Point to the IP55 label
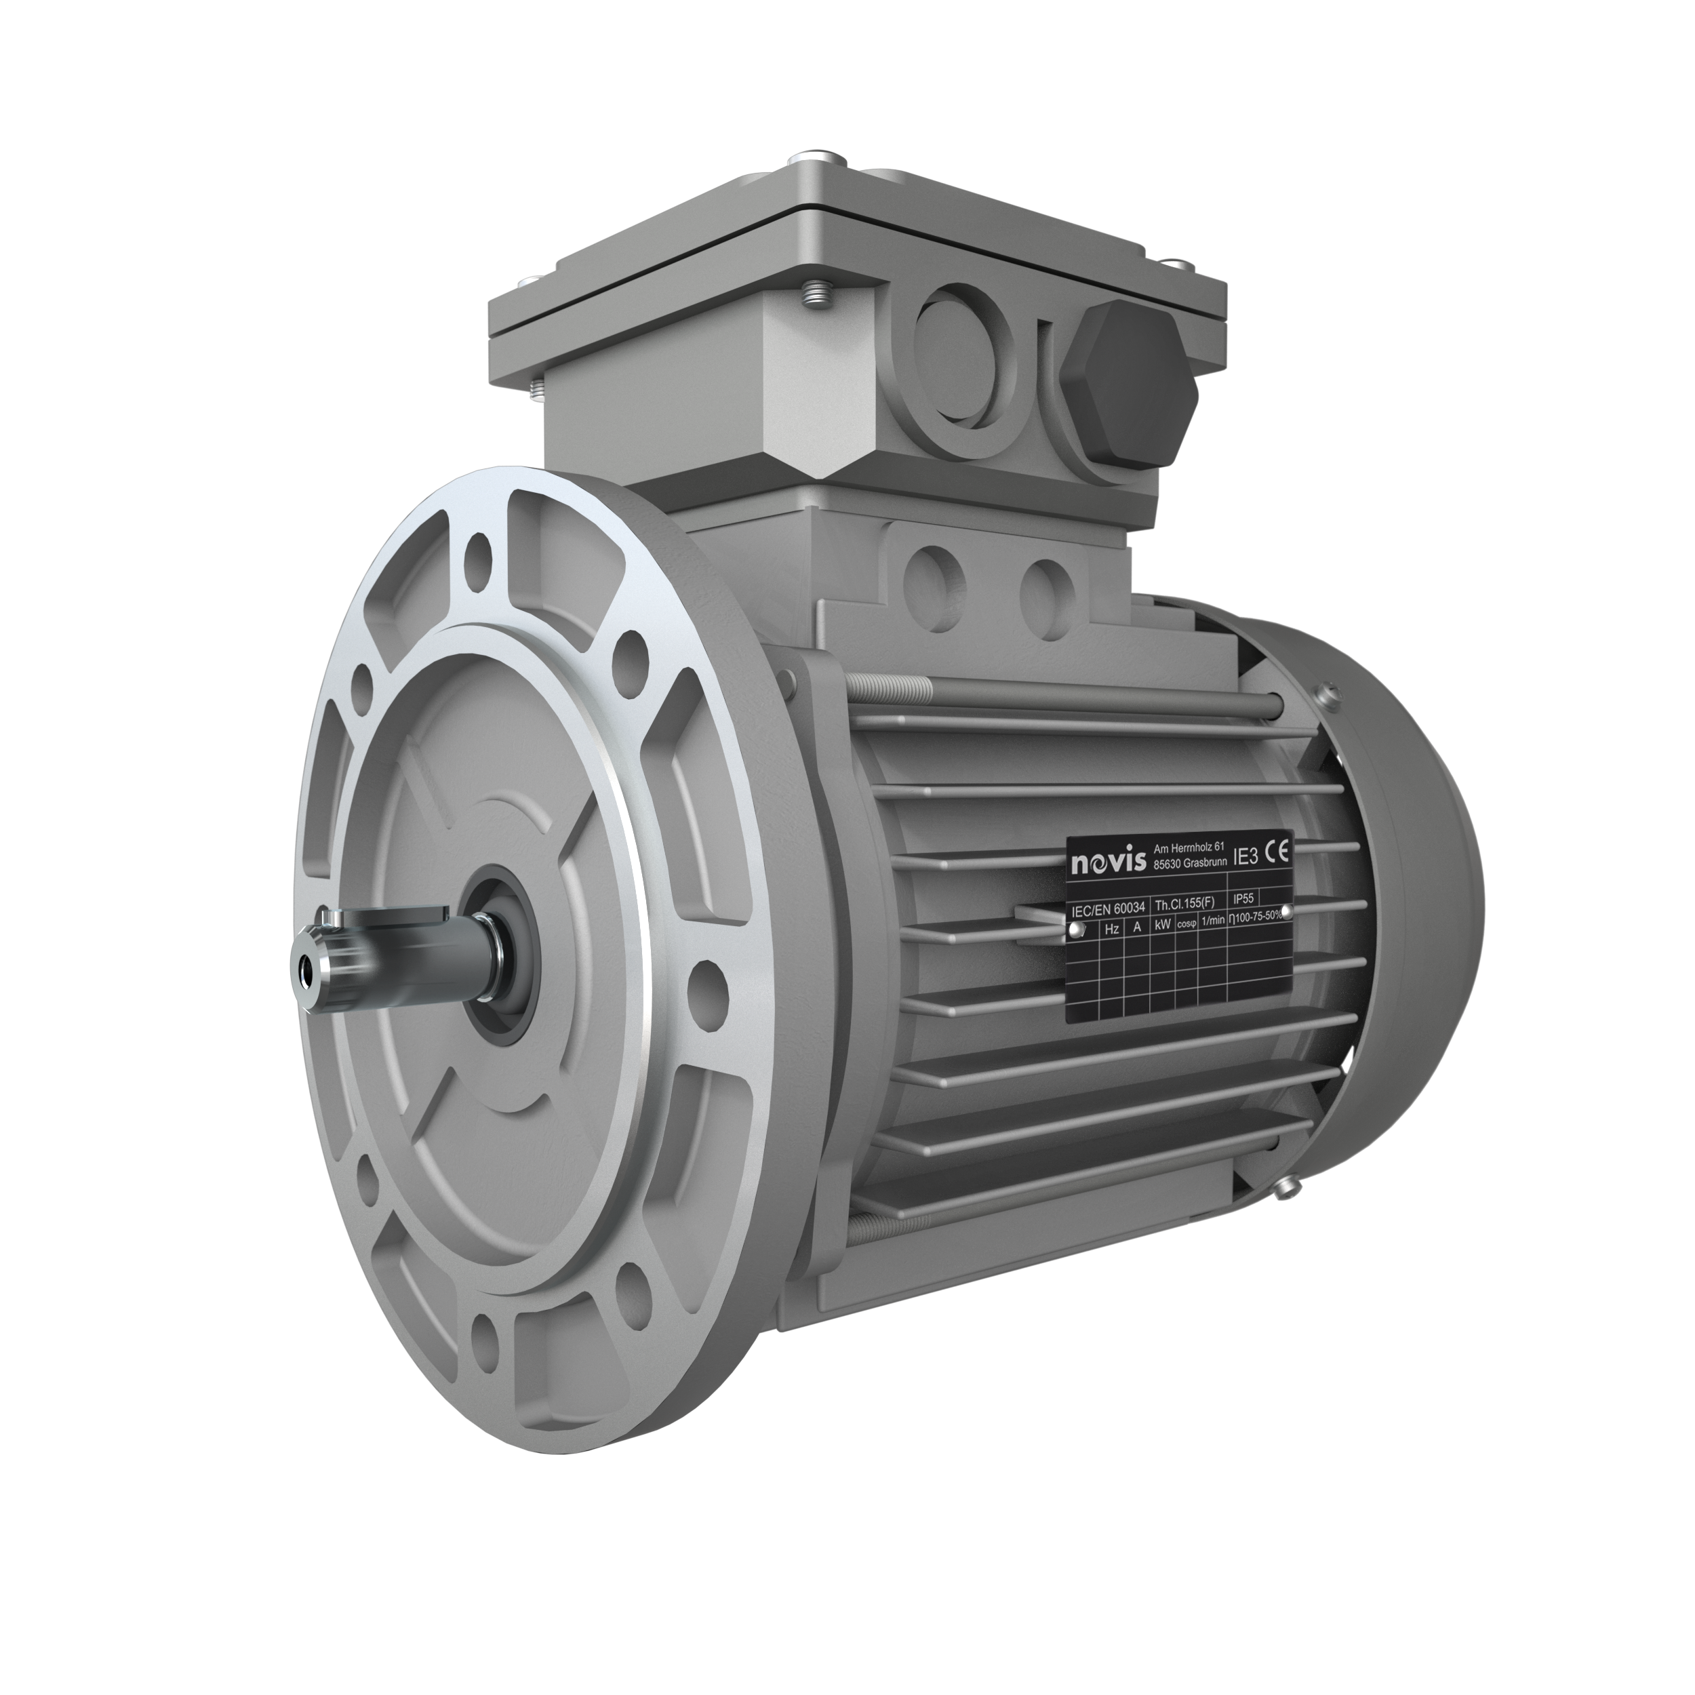click(x=1243, y=898)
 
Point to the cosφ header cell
click(x=1186, y=923)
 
